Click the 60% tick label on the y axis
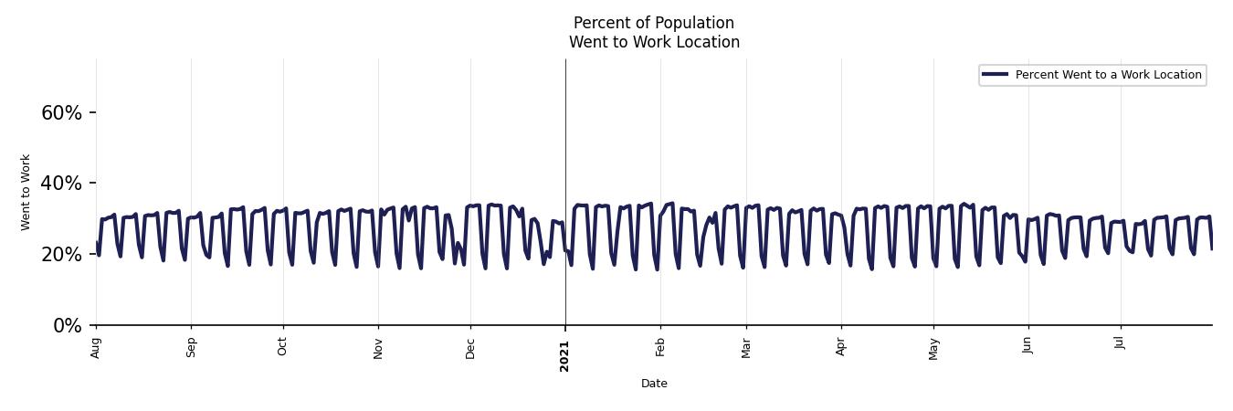point(61,113)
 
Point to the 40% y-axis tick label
point(61,184)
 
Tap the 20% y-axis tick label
point(61,255)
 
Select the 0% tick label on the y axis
point(68,326)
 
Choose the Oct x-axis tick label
point(283,347)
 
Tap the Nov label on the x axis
point(378,348)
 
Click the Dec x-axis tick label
point(470,348)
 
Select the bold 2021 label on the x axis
point(564,355)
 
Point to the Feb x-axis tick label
point(660,348)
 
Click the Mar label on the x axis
point(746,348)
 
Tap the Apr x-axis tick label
point(841,348)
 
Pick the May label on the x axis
point(933,349)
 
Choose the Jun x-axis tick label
point(1028,347)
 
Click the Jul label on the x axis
point(1120,343)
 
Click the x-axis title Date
point(654,384)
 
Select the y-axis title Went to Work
point(26,192)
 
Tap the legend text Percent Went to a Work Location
point(1108,75)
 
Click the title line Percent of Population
point(654,23)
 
